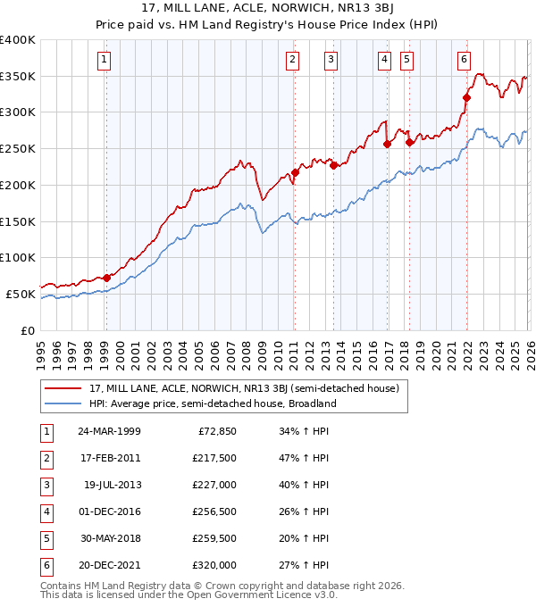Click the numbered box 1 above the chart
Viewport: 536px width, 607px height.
click(x=105, y=60)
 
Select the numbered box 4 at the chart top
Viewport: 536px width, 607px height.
click(x=384, y=60)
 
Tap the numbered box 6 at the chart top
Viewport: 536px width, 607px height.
click(x=465, y=60)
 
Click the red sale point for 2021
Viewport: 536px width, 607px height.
click(x=466, y=97)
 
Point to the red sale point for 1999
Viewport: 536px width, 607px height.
click(x=106, y=278)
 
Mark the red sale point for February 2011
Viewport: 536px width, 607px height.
click(x=295, y=172)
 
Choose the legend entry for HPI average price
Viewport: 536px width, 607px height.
click(x=212, y=403)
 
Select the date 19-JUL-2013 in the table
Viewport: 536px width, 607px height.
click(x=112, y=484)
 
